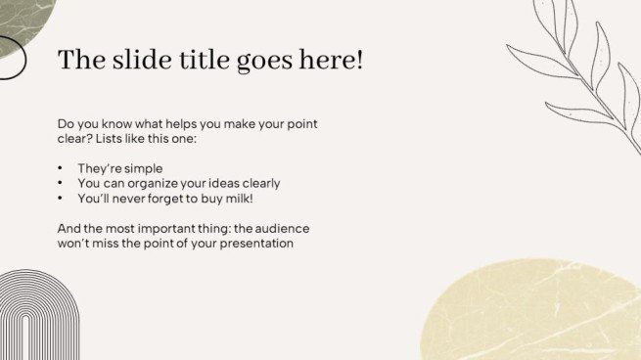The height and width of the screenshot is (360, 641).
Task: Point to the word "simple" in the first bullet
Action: click(x=142, y=168)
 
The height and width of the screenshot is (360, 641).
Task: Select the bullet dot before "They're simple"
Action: click(x=61, y=168)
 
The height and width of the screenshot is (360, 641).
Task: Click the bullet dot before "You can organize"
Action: click(x=61, y=183)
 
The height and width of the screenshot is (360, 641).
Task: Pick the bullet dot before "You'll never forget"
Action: click(x=61, y=198)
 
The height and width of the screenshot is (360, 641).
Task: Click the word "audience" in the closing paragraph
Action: click(x=285, y=228)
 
